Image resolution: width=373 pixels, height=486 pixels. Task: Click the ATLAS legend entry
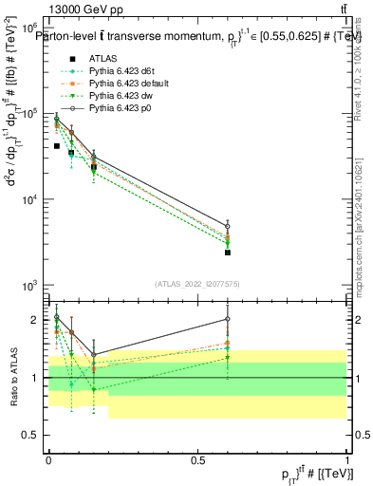pos(103,59)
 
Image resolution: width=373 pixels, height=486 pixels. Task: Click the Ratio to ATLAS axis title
pos(15,377)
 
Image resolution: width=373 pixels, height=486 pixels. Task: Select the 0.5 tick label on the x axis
pos(197,458)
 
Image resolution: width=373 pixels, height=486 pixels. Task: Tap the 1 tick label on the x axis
pos(346,458)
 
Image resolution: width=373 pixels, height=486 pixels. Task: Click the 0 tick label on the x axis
pos(49,458)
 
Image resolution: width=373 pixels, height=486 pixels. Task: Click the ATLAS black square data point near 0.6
pos(228,252)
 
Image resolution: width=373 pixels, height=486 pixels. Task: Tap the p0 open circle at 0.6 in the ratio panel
pos(228,320)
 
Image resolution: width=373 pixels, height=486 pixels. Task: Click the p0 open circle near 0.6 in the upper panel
pos(228,227)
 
